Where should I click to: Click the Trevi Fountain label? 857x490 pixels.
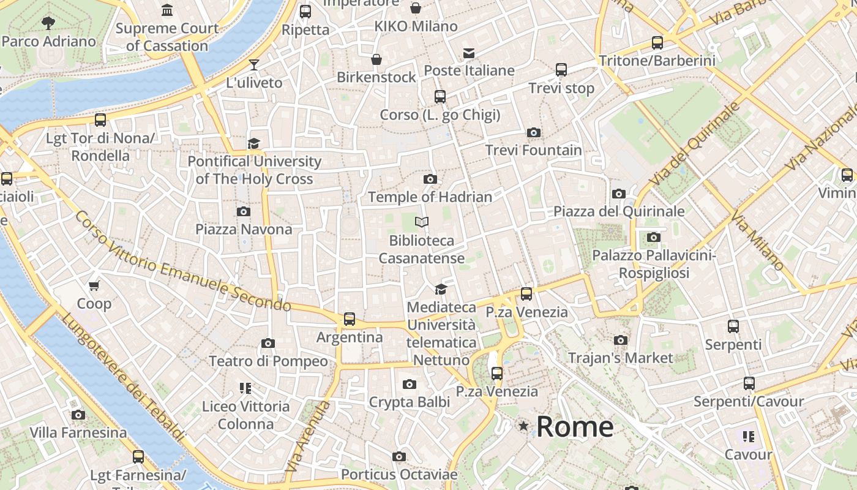click(534, 150)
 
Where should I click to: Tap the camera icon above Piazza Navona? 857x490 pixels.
click(244, 212)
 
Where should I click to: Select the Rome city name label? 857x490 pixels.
click(575, 427)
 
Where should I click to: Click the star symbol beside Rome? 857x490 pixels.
click(523, 426)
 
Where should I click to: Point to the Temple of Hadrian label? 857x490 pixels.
click(430, 197)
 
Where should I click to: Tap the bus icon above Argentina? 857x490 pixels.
click(350, 319)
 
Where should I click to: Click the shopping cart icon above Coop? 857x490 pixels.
click(94, 285)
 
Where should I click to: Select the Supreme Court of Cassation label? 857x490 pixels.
click(167, 37)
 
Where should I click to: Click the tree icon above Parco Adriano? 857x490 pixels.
click(48, 23)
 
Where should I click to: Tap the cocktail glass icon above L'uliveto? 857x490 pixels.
click(254, 65)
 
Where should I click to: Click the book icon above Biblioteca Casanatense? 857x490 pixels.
click(421, 222)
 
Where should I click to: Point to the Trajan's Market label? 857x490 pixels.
click(621, 358)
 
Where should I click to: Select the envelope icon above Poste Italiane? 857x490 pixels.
click(469, 53)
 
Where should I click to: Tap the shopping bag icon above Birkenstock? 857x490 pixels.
click(376, 59)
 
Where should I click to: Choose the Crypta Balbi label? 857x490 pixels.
click(409, 402)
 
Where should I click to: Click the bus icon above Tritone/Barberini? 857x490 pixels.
click(657, 43)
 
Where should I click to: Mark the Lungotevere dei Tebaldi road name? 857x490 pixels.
click(122, 377)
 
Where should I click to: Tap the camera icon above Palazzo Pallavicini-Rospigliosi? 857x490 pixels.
click(654, 238)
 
